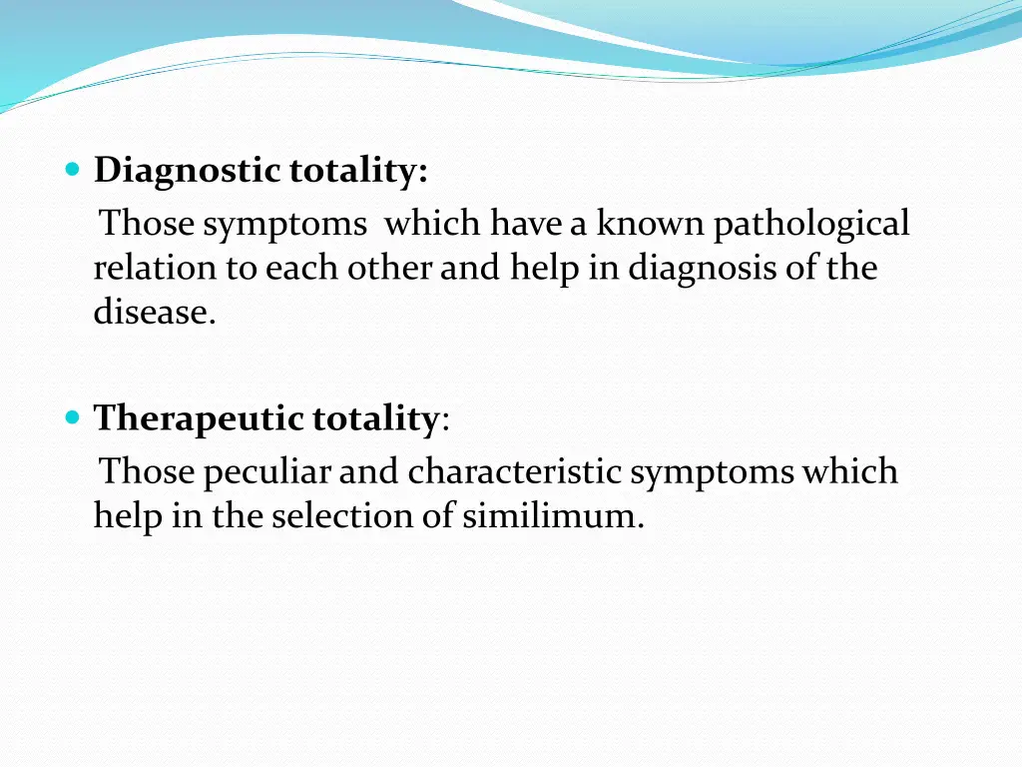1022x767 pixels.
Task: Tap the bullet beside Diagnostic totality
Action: [72, 170]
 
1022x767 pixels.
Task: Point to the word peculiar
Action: [266, 471]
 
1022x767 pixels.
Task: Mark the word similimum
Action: [552, 515]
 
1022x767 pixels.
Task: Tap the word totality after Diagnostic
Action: [358, 171]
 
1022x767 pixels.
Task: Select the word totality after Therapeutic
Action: [375, 417]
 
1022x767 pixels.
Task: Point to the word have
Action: [526, 224]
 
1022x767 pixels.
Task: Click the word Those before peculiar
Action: [148, 470]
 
